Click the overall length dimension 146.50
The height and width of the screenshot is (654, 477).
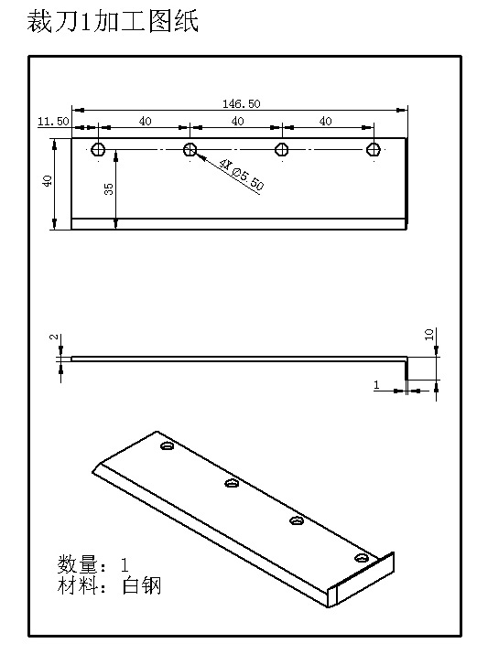click(241, 103)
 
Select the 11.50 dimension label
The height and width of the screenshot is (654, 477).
click(53, 121)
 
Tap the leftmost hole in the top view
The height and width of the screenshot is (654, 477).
click(99, 150)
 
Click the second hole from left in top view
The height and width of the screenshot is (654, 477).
click(190, 150)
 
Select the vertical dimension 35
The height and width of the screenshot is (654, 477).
click(109, 189)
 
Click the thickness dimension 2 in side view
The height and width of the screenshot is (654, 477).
click(53, 338)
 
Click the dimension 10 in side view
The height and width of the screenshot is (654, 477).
click(429, 335)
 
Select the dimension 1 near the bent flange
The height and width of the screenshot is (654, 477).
click(376, 386)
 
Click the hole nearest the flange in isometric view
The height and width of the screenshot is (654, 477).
click(363, 557)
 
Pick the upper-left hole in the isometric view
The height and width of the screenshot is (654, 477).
click(167, 447)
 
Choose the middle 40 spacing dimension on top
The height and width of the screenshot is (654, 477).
click(237, 121)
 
